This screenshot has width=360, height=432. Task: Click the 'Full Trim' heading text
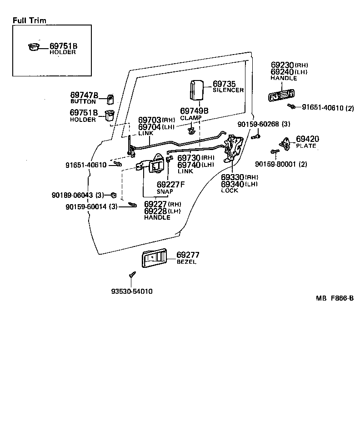29,20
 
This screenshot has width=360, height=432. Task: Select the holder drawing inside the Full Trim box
34,46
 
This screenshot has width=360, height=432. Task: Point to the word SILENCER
228,90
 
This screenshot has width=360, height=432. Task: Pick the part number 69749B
194,111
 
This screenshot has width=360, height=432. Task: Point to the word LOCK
230,191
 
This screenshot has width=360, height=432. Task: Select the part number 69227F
171,185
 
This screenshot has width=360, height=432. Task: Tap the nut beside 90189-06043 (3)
114,196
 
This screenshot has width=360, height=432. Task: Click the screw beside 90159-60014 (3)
133,206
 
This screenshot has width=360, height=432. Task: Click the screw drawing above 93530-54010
132,275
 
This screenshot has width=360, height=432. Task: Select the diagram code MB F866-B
335,298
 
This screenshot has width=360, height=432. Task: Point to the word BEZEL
186,262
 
